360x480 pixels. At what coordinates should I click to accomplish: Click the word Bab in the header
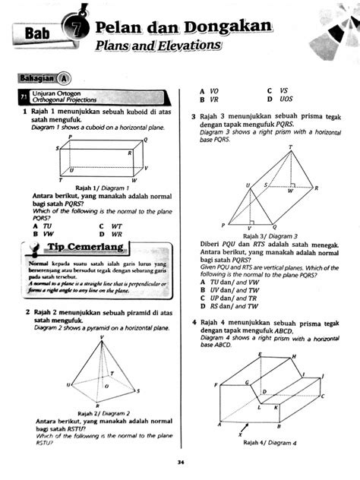(x=36, y=33)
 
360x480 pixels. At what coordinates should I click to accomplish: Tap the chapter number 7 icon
(x=81, y=28)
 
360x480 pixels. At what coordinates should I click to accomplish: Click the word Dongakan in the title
(x=231, y=27)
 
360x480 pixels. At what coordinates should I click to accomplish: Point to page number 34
(x=180, y=462)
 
